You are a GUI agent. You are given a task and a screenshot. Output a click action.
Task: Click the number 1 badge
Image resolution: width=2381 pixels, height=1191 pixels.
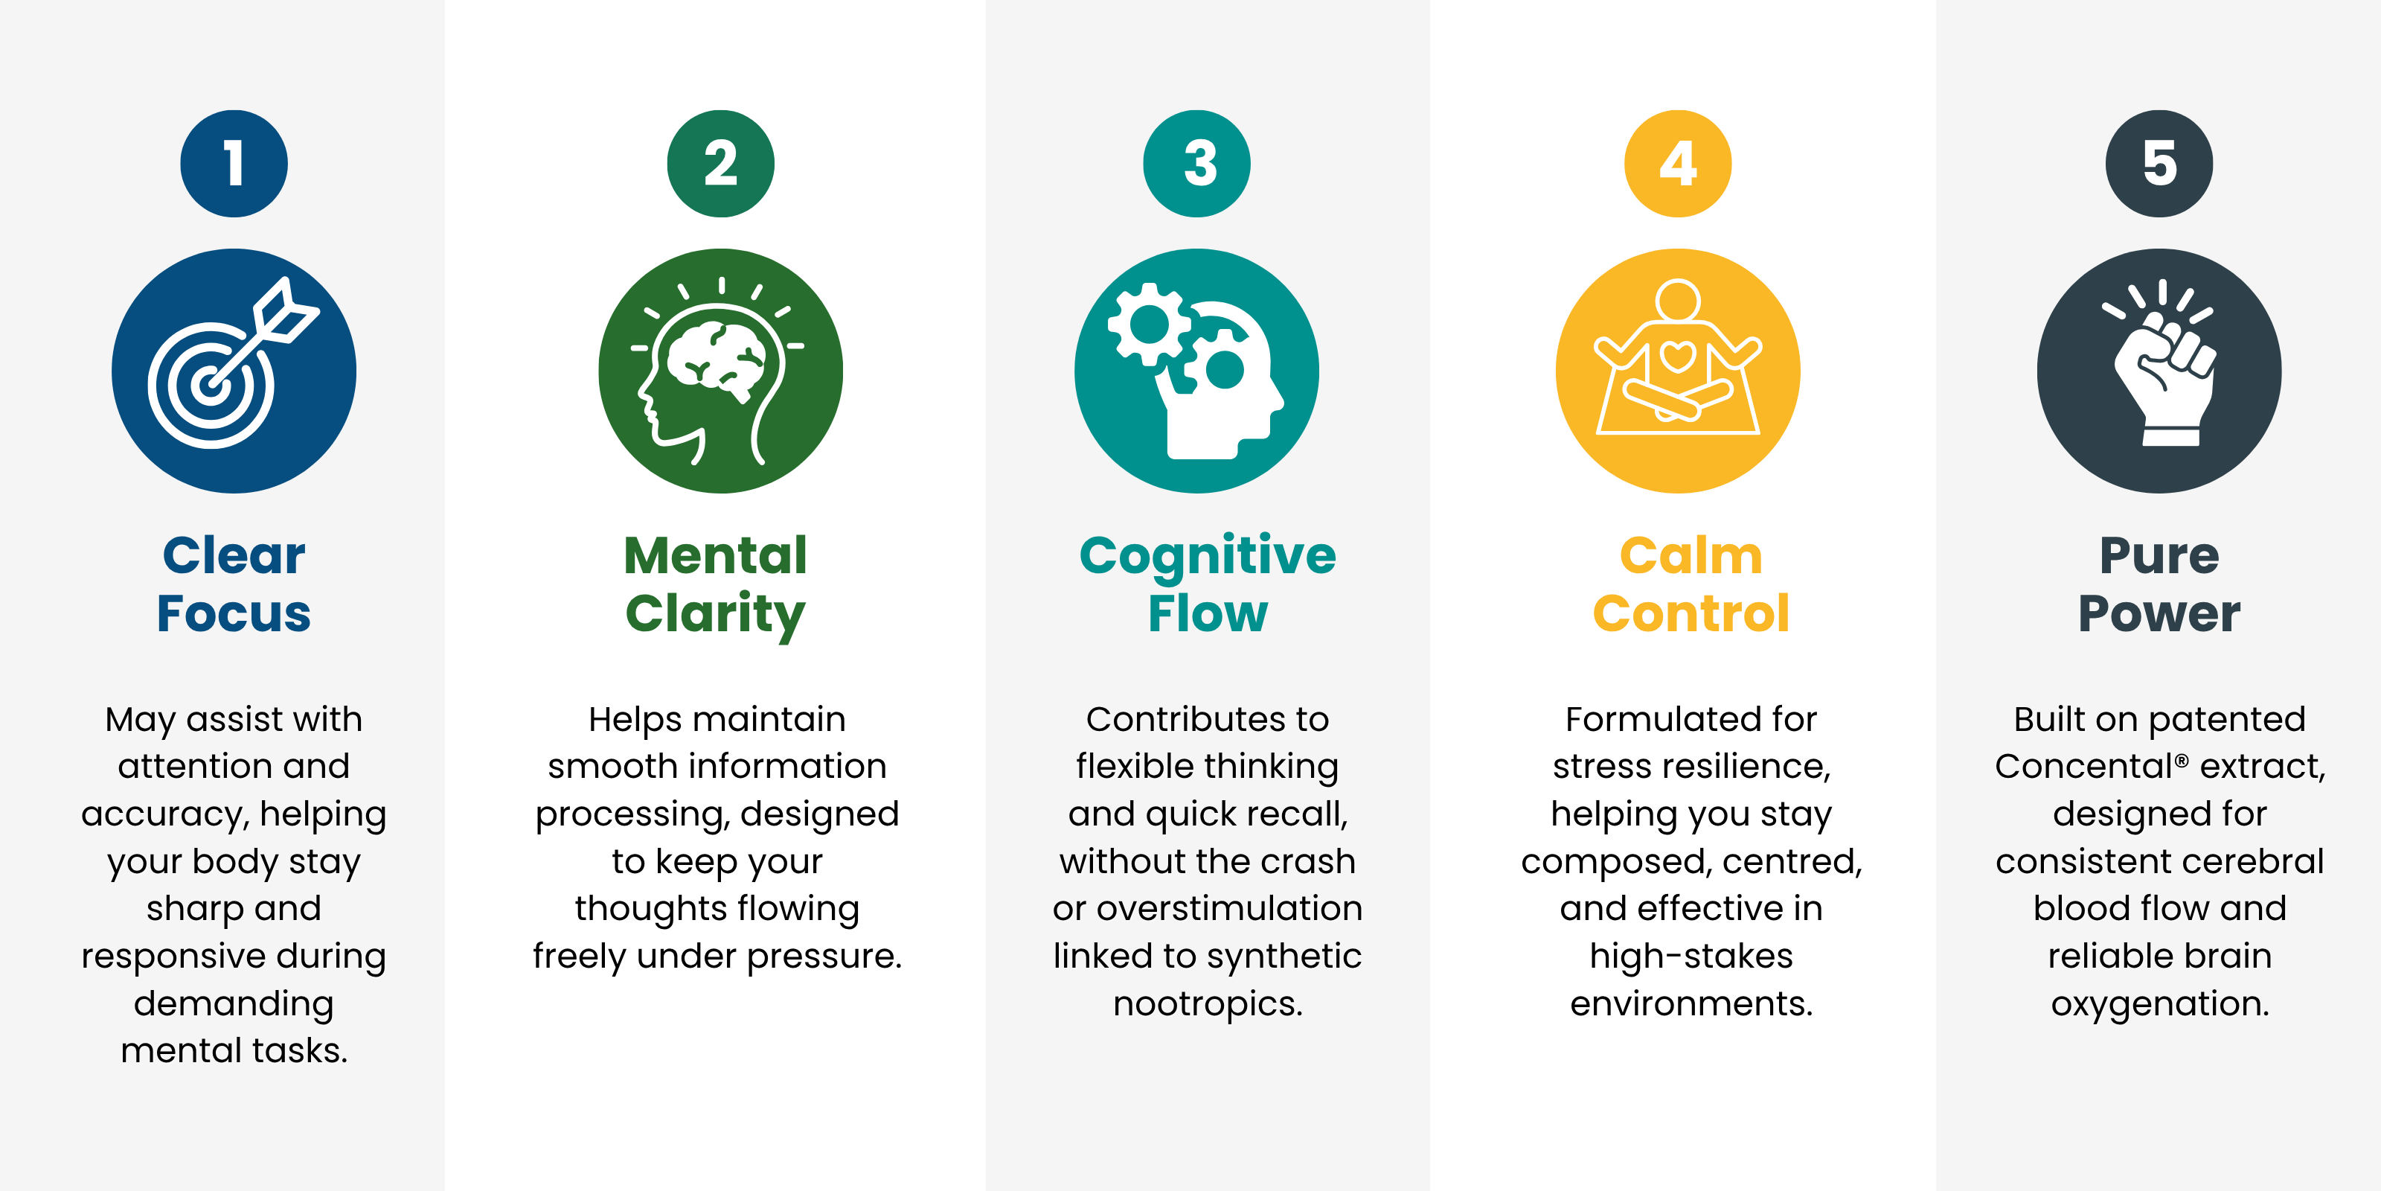point(234,164)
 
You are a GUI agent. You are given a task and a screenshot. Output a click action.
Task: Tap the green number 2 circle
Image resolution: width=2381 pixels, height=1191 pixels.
point(721,164)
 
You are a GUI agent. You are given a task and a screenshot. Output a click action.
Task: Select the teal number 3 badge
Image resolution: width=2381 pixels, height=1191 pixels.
point(1197,164)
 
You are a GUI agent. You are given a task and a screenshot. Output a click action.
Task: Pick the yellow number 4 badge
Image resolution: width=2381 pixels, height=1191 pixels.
point(1678,164)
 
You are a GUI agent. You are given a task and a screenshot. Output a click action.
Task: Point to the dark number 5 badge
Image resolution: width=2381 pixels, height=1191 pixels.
point(2159,164)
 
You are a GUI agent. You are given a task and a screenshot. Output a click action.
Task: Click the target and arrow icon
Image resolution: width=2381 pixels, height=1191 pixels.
point(234,370)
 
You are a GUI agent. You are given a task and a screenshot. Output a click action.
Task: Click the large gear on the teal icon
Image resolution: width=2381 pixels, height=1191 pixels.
point(1149,324)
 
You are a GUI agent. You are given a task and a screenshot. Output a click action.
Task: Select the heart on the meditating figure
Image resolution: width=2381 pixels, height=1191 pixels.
point(1676,356)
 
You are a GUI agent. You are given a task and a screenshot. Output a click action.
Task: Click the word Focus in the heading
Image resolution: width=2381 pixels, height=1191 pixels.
point(234,613)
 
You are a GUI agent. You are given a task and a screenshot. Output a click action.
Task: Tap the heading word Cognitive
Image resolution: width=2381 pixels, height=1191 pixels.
point(1207,557)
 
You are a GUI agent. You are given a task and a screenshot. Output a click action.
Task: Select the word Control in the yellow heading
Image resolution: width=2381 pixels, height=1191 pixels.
point(1691,613)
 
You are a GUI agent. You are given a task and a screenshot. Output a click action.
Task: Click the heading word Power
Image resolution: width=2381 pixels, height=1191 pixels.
point(2159,613)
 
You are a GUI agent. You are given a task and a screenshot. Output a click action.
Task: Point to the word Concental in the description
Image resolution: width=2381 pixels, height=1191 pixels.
point(2083,767)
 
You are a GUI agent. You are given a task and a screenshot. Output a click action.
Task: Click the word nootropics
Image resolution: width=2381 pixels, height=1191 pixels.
point(1207,1003)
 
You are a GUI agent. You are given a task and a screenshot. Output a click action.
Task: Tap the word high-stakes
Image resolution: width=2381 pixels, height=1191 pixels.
point(1691,956)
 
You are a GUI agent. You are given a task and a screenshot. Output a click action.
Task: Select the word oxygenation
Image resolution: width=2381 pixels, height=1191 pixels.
point(2159,1004)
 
